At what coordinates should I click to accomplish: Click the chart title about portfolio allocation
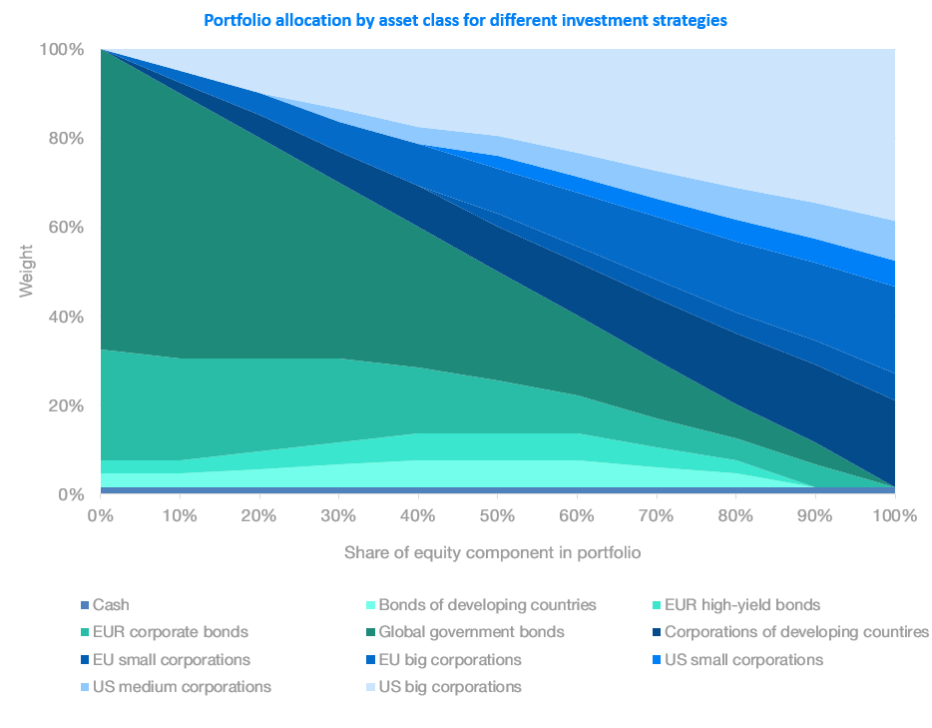(x=465, y=20)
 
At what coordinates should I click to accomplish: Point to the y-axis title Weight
(x=28, y=270)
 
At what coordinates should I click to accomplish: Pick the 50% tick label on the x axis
(x=497, y=515)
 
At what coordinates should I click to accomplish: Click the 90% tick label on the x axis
(x=815, y=515)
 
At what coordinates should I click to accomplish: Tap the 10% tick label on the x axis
(x=179, y=515)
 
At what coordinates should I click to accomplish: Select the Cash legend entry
(x=111, y=604)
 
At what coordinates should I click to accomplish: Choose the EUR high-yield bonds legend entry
(x=741, y=604)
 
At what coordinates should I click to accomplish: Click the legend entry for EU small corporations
(x=171, y=660)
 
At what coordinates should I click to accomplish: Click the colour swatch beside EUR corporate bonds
(x=85, y=632)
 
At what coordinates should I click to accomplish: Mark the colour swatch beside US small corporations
(x=656, y=660)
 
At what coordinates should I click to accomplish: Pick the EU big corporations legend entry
(x=452, y=660)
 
